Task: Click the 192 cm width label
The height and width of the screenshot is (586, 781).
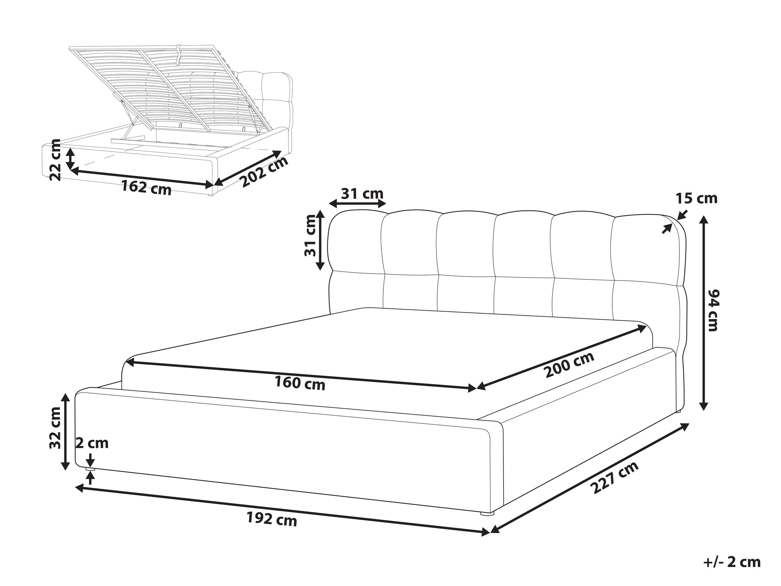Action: tap(272, 519)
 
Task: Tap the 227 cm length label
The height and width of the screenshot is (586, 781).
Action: tap(614, 478)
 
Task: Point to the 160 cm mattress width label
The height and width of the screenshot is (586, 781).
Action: tap(300, 383)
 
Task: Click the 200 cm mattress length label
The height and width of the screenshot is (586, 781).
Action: tap(569, 365)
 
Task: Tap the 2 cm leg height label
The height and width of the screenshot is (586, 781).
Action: tap(92, 443)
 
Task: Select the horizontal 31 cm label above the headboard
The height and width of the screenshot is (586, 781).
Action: tap(362, 194)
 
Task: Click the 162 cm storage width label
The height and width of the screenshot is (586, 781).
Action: tap(146, 187)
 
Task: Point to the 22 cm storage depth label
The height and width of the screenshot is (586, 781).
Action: tap(56, 160)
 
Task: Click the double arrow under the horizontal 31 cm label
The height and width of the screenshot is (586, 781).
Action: tap(357, 204)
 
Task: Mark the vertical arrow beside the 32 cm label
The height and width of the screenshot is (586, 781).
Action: tap(65, 432)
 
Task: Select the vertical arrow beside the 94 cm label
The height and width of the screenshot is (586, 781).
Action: tap(703, 313)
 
